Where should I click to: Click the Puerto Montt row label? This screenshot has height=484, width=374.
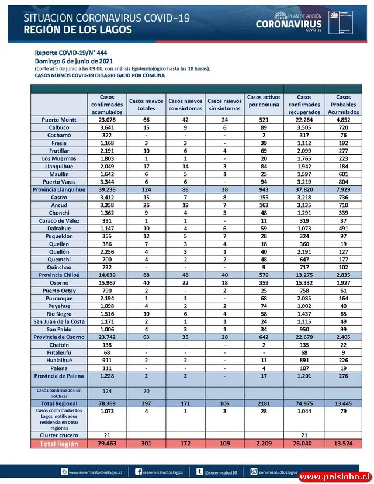[60, 120]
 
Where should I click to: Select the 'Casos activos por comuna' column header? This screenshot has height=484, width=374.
[264, 101]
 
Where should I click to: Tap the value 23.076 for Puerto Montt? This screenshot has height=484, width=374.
[107, 120]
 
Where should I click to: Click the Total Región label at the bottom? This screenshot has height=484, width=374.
[60, 444]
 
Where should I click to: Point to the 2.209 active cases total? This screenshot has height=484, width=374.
[264, 444]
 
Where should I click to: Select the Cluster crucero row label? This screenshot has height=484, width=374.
[60, 435]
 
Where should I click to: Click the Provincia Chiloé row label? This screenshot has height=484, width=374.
[60, 274]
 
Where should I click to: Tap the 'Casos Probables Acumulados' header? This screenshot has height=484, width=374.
[344, 104]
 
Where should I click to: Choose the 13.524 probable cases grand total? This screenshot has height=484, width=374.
[344, 444]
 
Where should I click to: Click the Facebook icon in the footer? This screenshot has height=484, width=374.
[138, 472]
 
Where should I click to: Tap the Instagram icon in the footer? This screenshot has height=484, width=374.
[254, 472]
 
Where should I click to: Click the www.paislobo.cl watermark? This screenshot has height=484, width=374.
[334, 477]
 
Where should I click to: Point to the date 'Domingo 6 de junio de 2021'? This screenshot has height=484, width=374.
[74, 61]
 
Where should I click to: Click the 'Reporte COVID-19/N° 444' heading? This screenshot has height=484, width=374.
[71, 53]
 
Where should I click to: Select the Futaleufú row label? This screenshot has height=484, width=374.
[60, 353]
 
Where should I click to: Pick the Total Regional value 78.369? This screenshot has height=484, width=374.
[107, 403]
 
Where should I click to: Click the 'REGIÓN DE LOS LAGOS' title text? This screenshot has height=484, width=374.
[77, 30]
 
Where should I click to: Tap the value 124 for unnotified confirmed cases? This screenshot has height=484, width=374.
[107, 390]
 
